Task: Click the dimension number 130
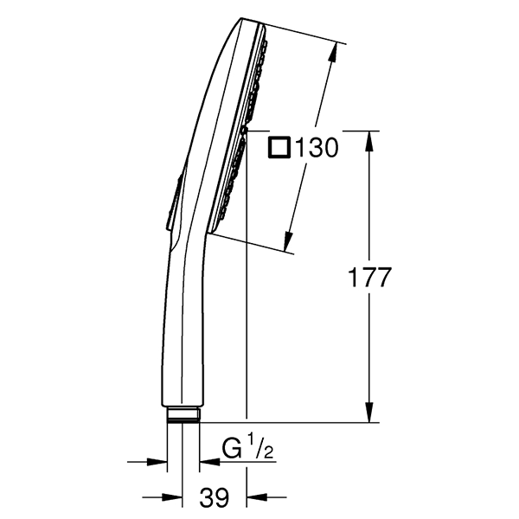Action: pos(317,148)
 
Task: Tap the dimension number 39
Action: pos(215,497)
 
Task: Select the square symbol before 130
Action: pos(279,147)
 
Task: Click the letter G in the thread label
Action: pos(232,449)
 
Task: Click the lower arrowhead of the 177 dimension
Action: pos(369,411)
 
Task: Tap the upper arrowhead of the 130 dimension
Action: pos(333,53)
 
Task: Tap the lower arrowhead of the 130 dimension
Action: pos(289,240)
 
